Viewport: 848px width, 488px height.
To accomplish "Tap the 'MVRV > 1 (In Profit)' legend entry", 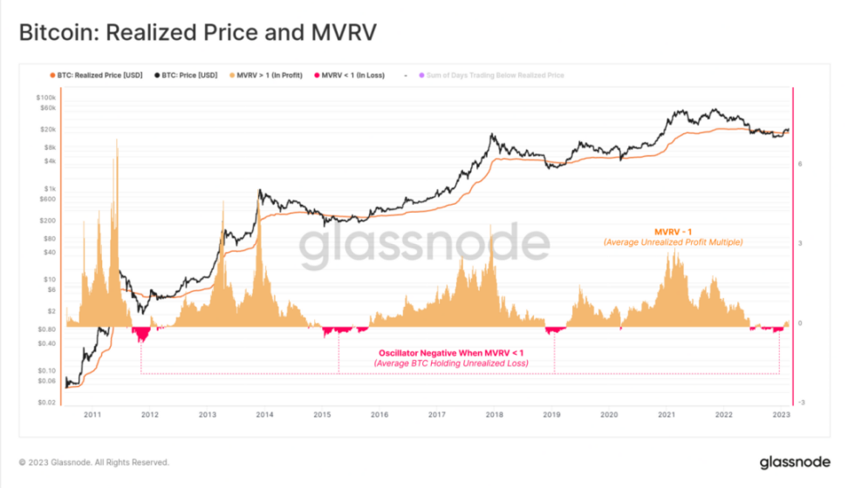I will point(266,76).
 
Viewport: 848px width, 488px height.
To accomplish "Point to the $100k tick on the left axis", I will point(46,97).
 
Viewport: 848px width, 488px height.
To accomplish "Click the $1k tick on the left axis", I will point(50,189).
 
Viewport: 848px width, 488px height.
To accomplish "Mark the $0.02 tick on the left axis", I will point(46,403).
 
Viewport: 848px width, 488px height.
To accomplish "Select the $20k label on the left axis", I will point(48,129).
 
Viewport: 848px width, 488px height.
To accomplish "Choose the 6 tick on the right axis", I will point(799,163).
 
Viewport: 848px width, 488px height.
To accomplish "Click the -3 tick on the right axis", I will point(800,403).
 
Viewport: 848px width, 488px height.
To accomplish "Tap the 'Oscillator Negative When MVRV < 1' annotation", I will point(451,352).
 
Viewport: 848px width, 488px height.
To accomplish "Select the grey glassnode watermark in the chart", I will point(425,247).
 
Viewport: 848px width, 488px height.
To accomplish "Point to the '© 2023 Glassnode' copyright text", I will point(93,462).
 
